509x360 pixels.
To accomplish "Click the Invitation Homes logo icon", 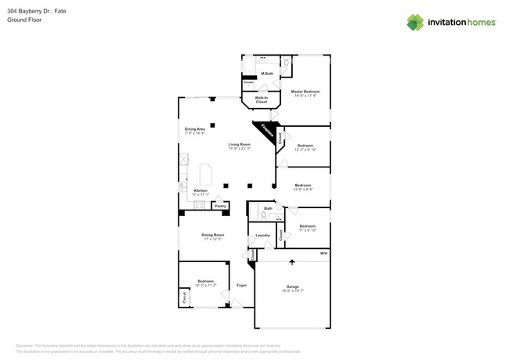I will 416,22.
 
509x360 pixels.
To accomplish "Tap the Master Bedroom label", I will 305,92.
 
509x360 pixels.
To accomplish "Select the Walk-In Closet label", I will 261,99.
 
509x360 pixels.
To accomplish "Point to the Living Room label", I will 239,146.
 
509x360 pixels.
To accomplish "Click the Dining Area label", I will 195,130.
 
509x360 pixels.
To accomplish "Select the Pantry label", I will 220,206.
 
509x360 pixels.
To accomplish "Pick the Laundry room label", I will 262,235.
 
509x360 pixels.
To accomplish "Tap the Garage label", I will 293,287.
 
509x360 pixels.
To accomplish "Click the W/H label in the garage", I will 323,254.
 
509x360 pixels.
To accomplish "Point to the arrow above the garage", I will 292,262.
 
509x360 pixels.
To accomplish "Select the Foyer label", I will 241,285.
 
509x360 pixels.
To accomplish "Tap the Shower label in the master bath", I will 248,82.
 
